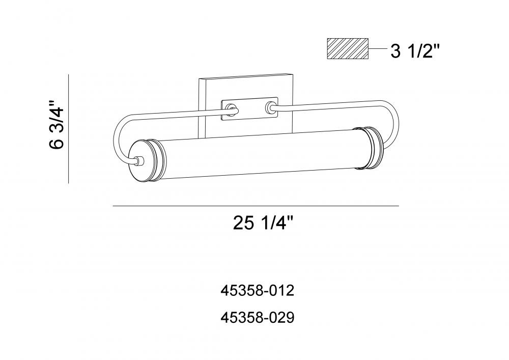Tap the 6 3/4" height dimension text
click(57, 125)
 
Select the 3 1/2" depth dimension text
click(415, 51)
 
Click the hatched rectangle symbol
click(348, 49)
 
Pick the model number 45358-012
click(258, 291)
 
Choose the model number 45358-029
click(258, 318)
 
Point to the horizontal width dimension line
click(256, 206)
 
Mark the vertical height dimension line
click(69, 129)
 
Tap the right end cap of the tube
click(370, 148)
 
